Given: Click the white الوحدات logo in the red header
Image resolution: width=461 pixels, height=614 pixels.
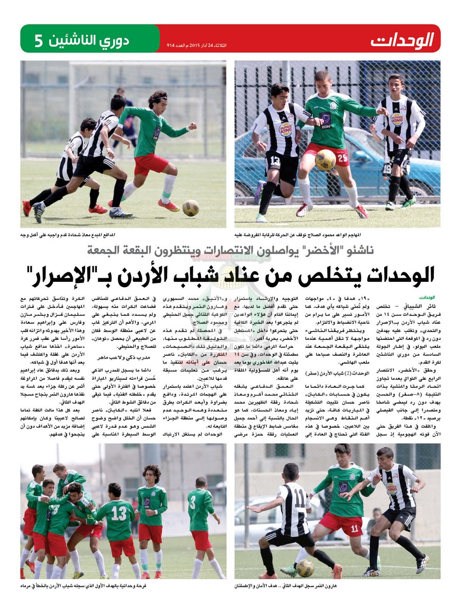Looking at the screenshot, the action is (x=402, y=39).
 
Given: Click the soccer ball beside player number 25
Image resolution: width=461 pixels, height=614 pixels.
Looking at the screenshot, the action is (x=325, y=160).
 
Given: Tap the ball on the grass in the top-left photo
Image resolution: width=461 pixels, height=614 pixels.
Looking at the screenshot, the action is (x=191, y=207).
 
